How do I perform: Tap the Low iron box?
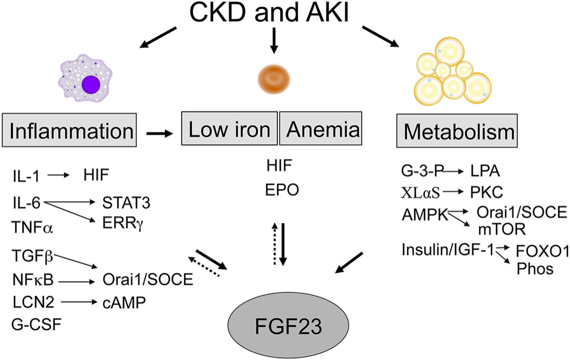(x=229, y=129)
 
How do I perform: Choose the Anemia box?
(x=322, y=129)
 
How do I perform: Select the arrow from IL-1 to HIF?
(x=58, y=174)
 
